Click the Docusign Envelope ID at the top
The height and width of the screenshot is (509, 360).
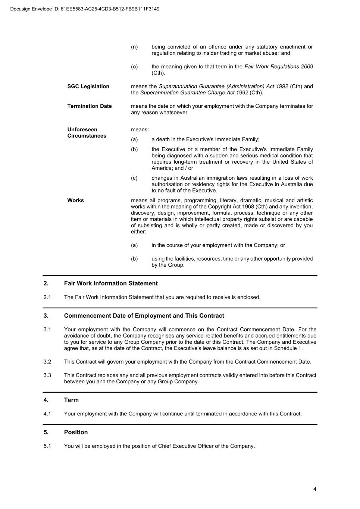pyautogui.click(x=85, y=9)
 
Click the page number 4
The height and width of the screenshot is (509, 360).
pyautogui.click(x=315, y=489)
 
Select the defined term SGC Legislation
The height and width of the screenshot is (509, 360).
pyautogui.click(x=88, y=87)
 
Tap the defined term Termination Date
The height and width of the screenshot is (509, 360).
pyautogui.click(x=90, y=106)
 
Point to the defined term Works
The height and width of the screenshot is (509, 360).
pyautogui.click(x=76, y=201)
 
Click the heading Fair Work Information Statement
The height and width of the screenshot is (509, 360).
pyautogui.click(x=111, y=283)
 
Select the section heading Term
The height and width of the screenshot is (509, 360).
pyautogui.click(x=71, y=400)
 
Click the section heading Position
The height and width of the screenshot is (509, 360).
pyautogui.click(x=76, y=432)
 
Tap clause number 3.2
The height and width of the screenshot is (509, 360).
pyautogui.click(x=47, y=362)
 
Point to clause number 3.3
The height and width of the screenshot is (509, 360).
pyautogui.click(x=47, y=375)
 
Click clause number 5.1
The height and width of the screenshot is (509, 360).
pyautogui.click(x=47, y=446)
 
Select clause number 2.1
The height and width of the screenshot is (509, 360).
pyautogui.click(x=47, y=297)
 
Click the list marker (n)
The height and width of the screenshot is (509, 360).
pyautogui.click(x=134, y=47)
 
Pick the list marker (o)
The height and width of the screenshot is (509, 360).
pyautogui.click(x=134, y=67)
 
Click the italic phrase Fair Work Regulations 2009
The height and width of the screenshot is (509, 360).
pyautogui.click(x=279, y=67)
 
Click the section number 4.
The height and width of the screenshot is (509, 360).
pyautogui.click(x=46, y=400)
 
